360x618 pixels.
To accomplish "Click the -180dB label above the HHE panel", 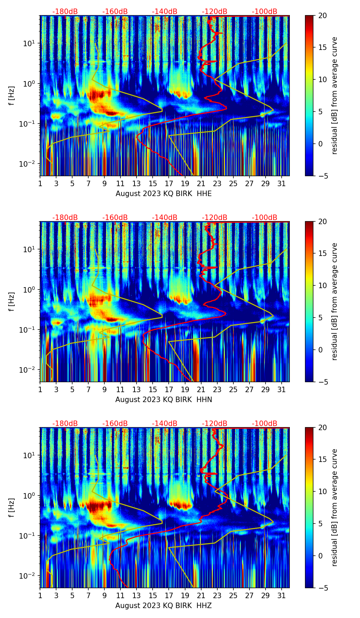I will (x=65, y=12).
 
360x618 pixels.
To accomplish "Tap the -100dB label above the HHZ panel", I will (x=265, y=424).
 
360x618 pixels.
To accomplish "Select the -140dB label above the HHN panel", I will (x=165, y=218).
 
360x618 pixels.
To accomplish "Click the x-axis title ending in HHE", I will (x=164, y=194).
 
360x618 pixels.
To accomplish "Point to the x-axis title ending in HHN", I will (x=164, y=400).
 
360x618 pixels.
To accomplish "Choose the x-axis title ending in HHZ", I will (x=163, y=606).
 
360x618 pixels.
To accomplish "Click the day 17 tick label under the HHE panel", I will (x=169, y=183).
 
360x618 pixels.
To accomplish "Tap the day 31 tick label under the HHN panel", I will (x=282, y=389).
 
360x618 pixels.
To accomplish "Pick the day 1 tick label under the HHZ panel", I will (x=40, y=595).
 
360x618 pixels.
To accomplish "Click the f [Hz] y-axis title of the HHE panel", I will (x=12, y=95).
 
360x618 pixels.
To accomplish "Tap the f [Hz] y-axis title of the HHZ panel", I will (x=12, y=507).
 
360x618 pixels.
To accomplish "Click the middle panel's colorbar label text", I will (x=334, y=301).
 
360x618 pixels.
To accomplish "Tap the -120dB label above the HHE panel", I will (x=215, y=12).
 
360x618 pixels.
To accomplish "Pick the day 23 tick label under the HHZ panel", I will (x=217, y=595).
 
